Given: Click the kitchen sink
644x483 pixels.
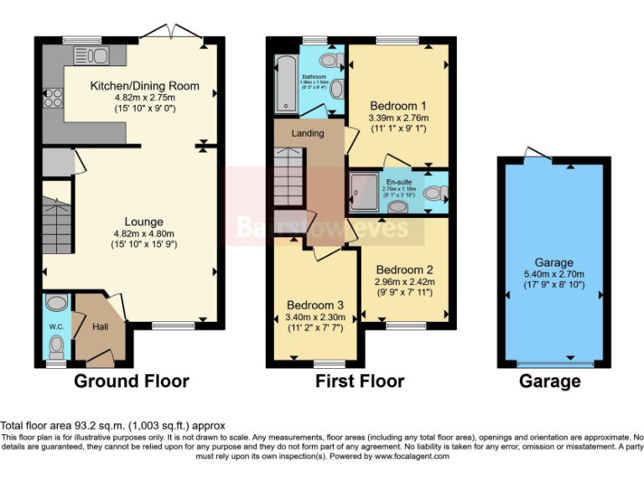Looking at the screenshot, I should click(95, 55).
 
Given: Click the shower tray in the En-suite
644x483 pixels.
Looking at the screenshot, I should click(364, 192).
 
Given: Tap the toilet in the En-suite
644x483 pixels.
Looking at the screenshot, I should click(434, 194).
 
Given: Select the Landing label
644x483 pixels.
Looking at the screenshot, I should click(308, 133).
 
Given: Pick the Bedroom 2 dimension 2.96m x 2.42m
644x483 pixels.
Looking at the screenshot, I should click(404, 283).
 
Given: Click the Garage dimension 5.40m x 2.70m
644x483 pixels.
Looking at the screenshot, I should click(554, 274).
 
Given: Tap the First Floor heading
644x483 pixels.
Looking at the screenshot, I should click(360, 382).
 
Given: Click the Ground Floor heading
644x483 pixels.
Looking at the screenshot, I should click(132, 382).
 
